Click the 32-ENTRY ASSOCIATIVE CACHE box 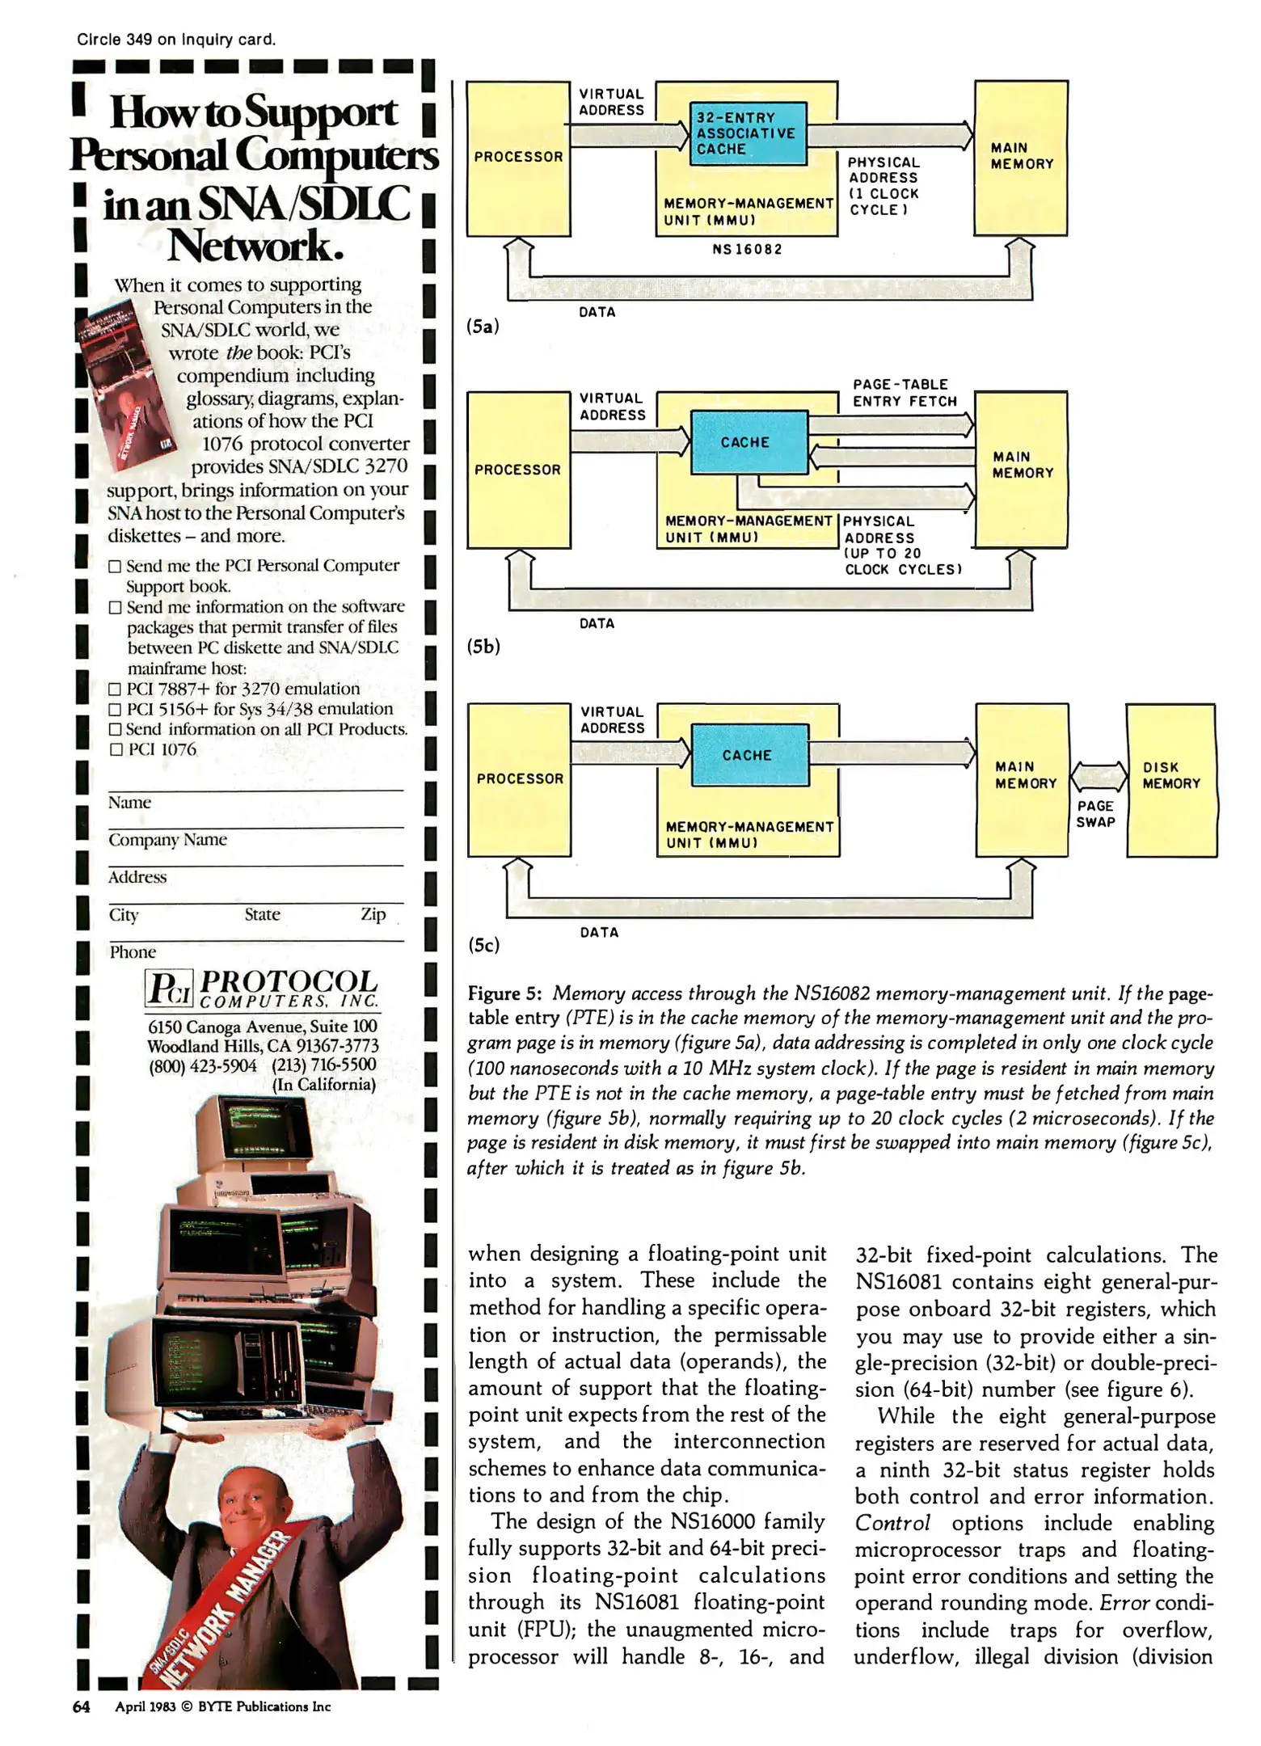747,133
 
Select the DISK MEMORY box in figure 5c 1170,779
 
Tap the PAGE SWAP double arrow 1098,777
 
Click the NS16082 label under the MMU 747,249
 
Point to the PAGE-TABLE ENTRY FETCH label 904,393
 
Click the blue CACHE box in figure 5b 749,442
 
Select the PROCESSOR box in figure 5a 518,158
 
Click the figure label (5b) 483,646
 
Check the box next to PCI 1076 116,749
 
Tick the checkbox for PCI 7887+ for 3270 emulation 115,690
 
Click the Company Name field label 167,840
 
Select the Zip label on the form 373,914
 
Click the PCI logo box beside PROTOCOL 169,988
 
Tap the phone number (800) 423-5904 202,1065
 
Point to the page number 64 81,1706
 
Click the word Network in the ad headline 255,246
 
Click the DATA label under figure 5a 597,312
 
